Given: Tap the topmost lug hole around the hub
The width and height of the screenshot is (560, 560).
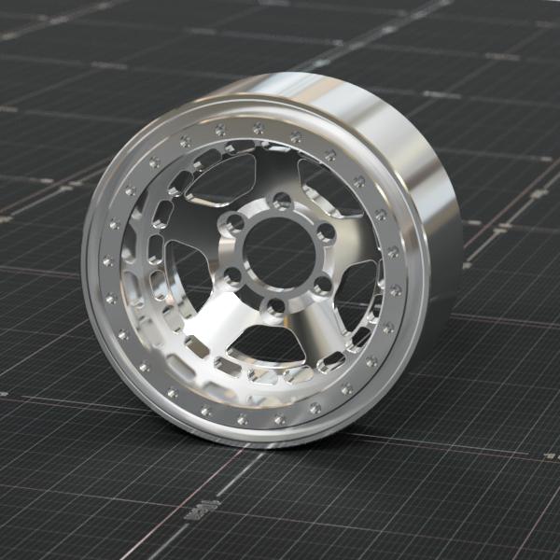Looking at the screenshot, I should point(279,199).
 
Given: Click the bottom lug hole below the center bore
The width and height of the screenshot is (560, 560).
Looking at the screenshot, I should point(274,305).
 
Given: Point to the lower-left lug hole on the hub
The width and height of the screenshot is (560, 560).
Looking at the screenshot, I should point(231,275).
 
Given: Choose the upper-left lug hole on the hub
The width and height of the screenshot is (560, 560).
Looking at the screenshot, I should point(234,222).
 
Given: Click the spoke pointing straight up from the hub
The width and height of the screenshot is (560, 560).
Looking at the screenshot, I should point(271,168).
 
